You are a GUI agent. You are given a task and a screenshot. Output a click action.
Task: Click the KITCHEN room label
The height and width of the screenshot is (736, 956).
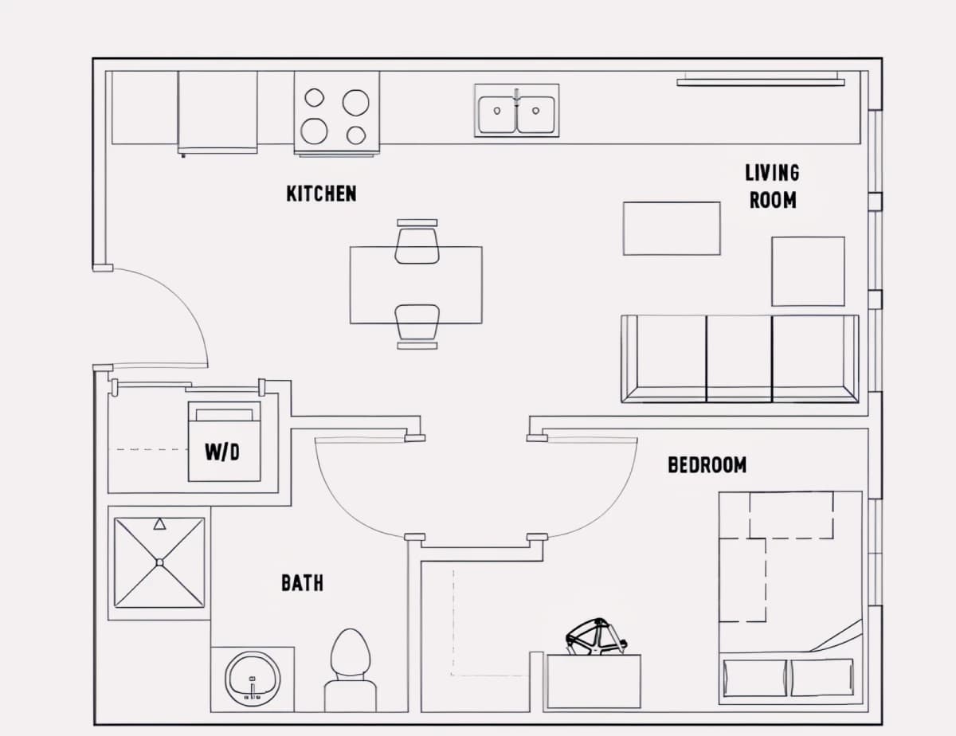322,194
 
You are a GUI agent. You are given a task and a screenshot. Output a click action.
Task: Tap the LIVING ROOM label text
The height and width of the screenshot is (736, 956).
773,186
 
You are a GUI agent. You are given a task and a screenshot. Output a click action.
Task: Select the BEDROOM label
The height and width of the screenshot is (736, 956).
707,465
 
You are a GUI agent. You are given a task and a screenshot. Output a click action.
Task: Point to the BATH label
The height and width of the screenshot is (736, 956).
302,583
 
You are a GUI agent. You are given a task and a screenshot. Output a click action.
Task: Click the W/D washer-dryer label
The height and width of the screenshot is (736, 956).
222,452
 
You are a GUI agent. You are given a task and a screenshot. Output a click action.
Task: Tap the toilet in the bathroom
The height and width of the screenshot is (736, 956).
351,670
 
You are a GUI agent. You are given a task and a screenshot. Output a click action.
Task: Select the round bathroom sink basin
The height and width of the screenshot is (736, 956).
253,679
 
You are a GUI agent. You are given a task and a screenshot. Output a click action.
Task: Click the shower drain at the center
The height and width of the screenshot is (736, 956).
159,562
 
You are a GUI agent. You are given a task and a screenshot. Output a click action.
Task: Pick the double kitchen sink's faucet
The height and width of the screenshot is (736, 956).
516,97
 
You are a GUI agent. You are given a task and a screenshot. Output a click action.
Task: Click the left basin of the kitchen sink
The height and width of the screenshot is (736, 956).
497,115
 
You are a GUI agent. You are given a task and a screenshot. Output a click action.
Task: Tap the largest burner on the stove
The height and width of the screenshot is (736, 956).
314,131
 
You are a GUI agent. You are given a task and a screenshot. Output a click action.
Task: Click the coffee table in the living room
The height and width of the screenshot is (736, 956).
672,229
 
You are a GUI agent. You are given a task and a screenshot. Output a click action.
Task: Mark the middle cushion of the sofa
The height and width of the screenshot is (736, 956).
739,358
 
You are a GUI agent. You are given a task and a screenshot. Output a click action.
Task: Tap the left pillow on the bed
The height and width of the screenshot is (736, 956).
755,678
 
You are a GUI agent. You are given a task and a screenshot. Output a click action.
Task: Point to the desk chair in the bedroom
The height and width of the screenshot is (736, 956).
596,636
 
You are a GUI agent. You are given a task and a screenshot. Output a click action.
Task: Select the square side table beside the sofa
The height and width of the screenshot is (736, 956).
808,272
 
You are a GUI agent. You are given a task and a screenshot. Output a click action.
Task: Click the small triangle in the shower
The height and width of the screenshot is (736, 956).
159,524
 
